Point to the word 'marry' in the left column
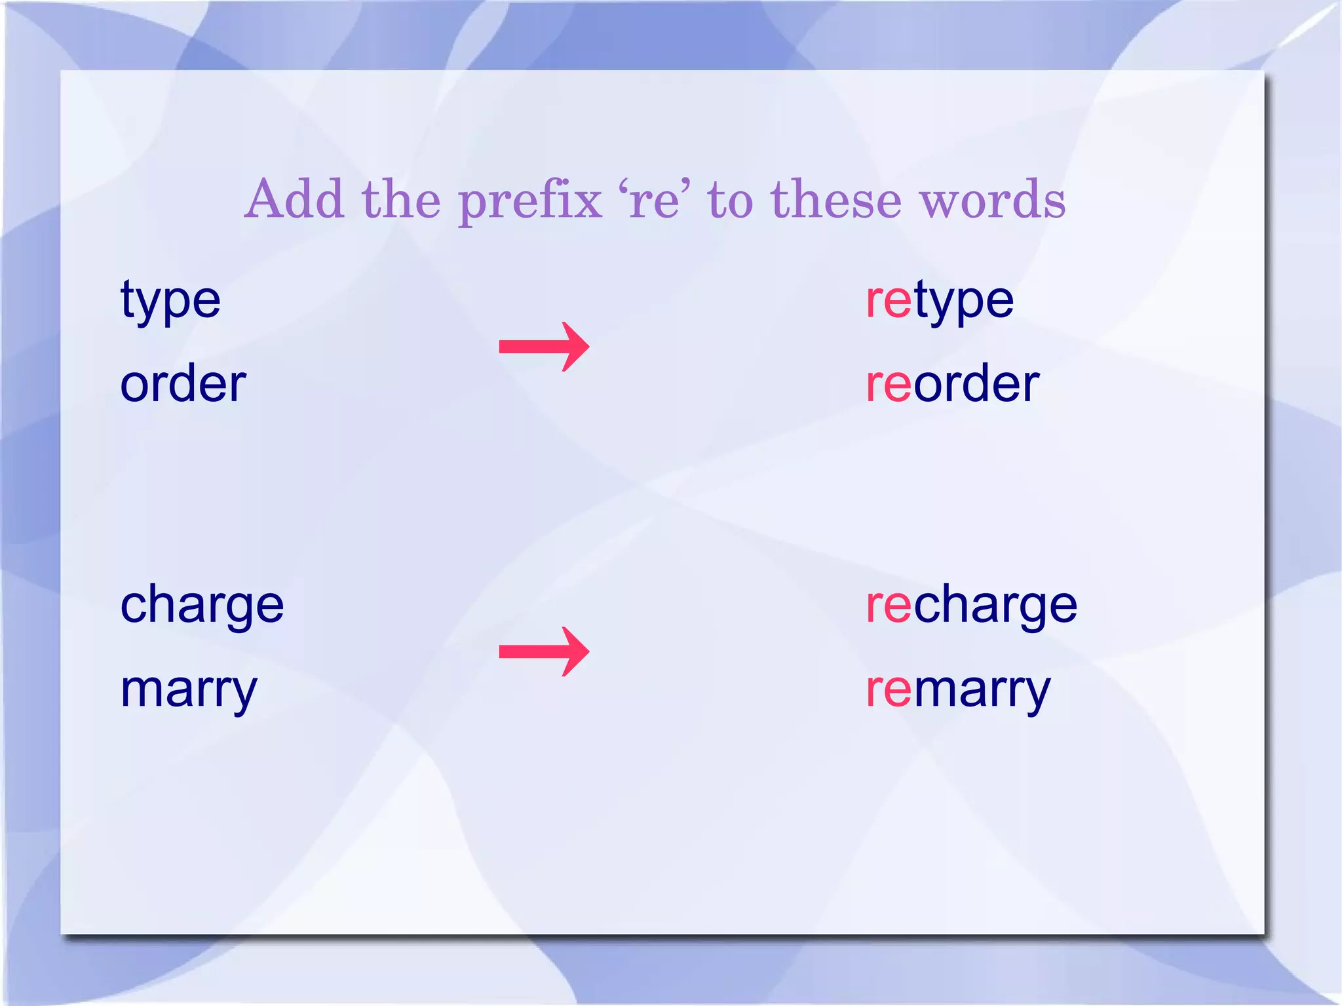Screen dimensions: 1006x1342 [x=189, y=690]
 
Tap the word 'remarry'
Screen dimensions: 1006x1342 [x=958, y=690]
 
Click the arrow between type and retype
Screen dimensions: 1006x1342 [x=544, y=346]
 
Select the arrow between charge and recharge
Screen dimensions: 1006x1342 [x=544, y=651]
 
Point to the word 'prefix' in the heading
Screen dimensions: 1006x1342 [x=530, y=201]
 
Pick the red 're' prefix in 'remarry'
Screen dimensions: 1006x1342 [x=889, y=690]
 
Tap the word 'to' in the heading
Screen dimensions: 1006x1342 [x=730, y=200]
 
